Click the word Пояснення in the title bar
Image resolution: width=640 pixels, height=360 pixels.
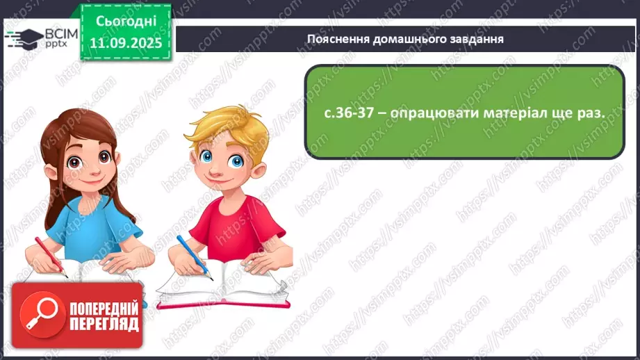(336, 39)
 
